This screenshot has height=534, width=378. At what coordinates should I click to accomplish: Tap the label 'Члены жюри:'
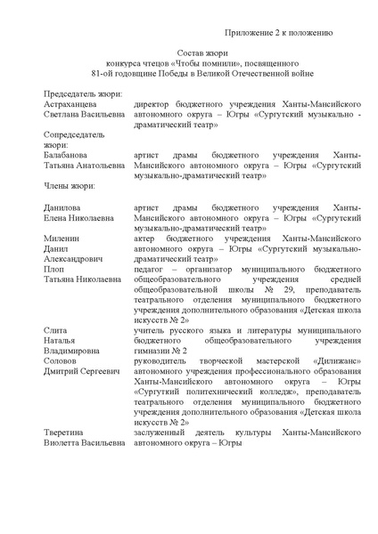[75, 186]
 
